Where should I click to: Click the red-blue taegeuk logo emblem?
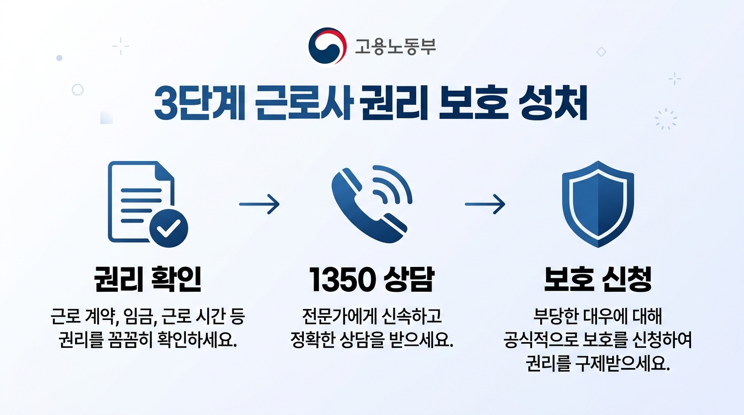pyautogui.click(x=327, y=46)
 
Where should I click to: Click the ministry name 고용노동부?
pyautogui.click(x=395, y=47)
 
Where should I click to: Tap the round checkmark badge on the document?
pyautogui.click(x=169, y=229)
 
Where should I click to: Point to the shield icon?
pyautogui.click(x=597, y=204)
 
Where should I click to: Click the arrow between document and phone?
pyautogui.click(x=259, y=204)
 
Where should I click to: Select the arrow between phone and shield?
pyautogui.click(x=485, y=204)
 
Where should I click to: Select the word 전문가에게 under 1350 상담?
pyautogui.click(x=334, y=315)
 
